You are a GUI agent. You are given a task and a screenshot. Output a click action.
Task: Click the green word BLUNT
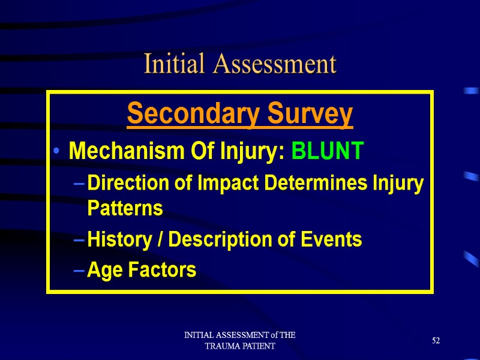(328, 152)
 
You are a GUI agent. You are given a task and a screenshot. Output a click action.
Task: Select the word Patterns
(125, 209)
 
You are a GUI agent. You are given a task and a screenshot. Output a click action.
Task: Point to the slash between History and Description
(160, 240)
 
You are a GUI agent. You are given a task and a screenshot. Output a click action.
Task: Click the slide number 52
(436, 341)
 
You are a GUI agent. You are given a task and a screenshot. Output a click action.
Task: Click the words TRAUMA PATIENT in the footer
(240, 346)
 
